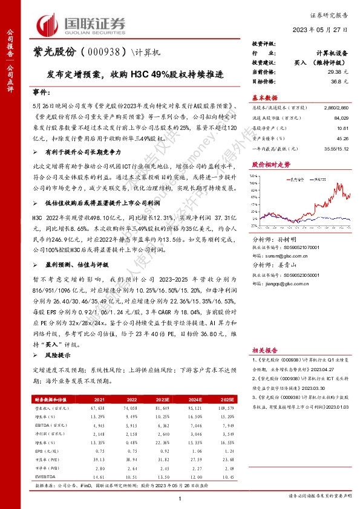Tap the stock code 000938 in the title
point(104,52)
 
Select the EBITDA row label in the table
point(42,426)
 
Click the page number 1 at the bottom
point(180,497)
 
